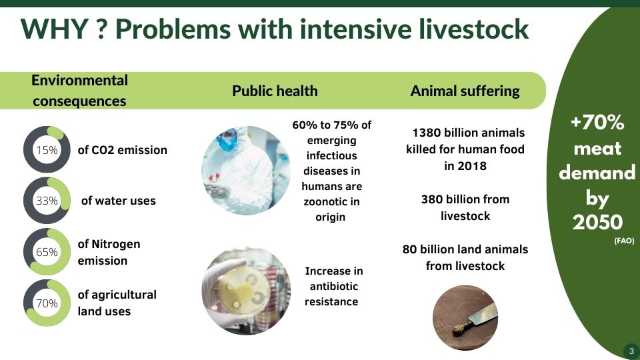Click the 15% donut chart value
coord(47,150)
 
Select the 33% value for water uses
coord(47,201)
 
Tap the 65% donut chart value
coord(47,252)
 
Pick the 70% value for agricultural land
coord(47,303)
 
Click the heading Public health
coord(275,91)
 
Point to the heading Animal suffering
coord(465,91)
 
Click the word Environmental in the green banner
coord(79,81)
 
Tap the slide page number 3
coord(631,351)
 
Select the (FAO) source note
coord(624,241)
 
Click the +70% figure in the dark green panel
coord(597,122)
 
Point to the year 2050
coord(597,222)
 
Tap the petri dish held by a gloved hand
coord(244,290)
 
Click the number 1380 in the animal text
coord(426,133)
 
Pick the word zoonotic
coord(331,201)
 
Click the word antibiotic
coord(334,286)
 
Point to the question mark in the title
coord(101,29)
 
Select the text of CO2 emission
coord(123,150)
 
